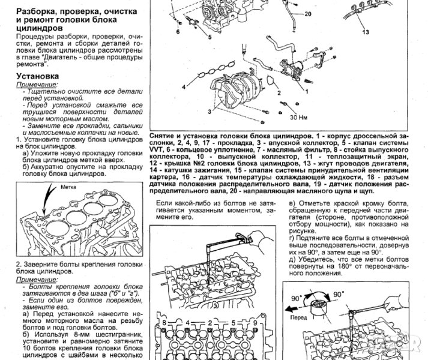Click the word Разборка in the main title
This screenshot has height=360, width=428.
coord(38,11)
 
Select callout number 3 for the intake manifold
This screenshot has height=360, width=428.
coord(209,112)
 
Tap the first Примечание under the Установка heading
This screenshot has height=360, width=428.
coord(35,86)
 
